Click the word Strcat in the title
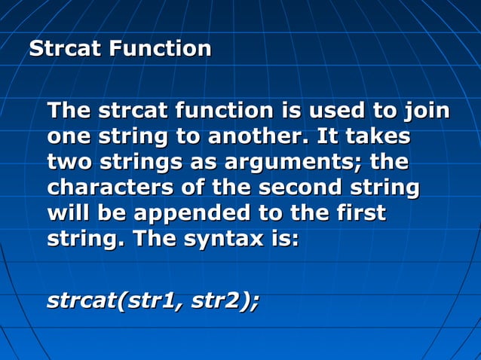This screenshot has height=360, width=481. [x=65, y=50]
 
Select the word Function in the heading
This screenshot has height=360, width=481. [x=160, y=50]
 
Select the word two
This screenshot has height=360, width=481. [x=69, y=163]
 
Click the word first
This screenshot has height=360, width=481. [x=359, y=214]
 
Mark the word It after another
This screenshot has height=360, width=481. [x=328, y=138]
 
